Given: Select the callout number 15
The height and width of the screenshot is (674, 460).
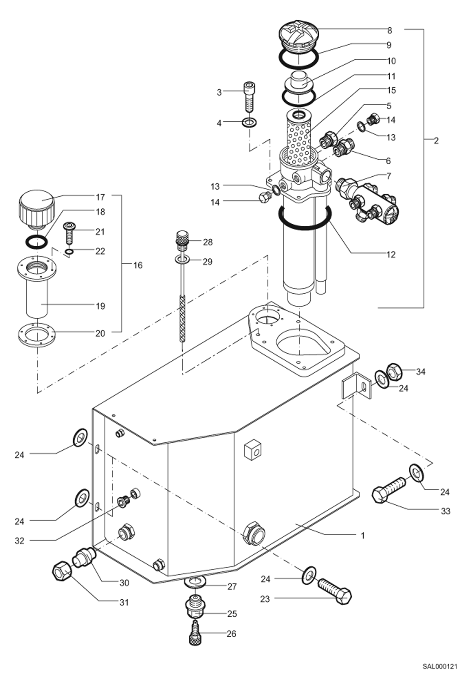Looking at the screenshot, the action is point(391,90).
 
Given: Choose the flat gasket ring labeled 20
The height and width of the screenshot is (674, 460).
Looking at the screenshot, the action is point(36,335).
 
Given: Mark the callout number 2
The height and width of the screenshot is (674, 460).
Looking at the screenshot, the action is point(436,141).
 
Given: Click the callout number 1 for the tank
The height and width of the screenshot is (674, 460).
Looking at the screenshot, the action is point(363,535).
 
